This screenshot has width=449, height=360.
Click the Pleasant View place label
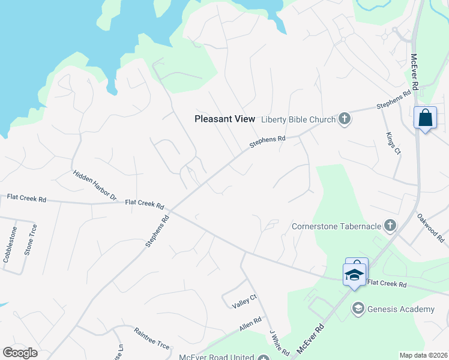tap(225, 119)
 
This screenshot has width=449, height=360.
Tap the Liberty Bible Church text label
tap(298, 119)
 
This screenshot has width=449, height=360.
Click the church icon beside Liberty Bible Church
tap(345, 119)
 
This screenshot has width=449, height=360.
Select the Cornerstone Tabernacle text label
tap(337, 226)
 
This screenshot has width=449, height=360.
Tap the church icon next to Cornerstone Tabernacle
tap(390, 226)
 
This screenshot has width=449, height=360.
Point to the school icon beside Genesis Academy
tap(358, 308)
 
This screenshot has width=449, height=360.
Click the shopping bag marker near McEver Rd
tap(425, 118)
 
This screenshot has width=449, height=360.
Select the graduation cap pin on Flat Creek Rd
tap(354, 274)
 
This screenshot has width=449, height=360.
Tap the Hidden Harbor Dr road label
tap(95, 185)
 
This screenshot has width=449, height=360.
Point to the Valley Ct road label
tap(244, 301)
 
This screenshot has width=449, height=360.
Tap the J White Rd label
tap(280, 342)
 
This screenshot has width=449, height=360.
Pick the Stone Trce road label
tap(31, 240)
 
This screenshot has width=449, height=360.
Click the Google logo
tap(20, 353)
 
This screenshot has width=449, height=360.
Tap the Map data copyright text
tap(424, 355)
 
